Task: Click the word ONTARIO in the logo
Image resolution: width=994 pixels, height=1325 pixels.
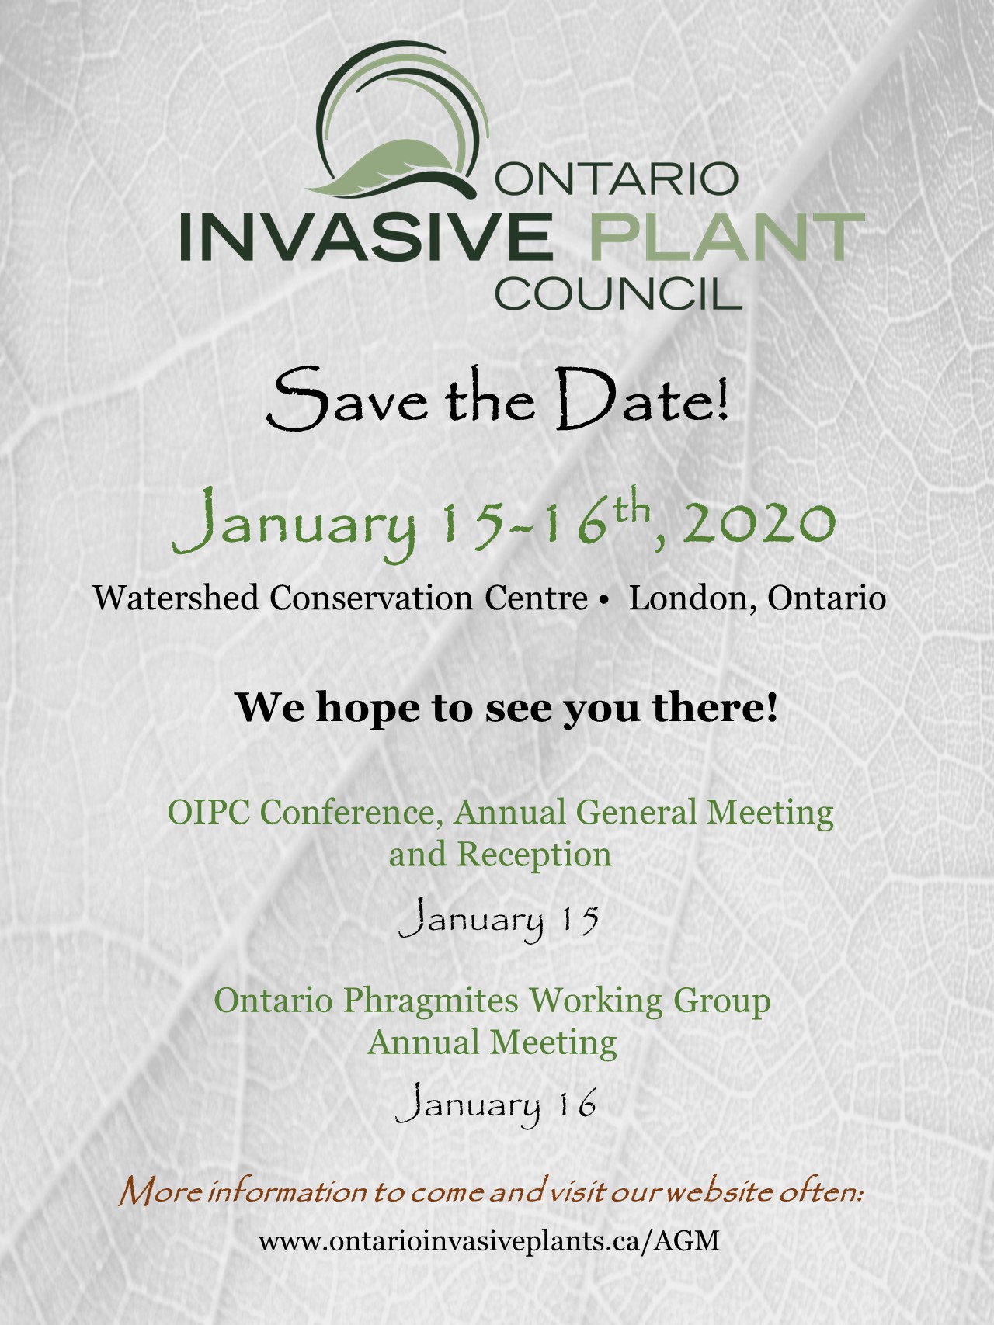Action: [x=617, y=179]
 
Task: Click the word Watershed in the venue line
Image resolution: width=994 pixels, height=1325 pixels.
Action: [x=176, y=598]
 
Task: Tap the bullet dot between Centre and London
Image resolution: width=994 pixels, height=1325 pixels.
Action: [x=603, y=600]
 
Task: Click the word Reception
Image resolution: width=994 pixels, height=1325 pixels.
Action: [x=534, y=855]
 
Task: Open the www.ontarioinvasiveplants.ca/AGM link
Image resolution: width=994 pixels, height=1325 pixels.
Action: [x=489, y=1240]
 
